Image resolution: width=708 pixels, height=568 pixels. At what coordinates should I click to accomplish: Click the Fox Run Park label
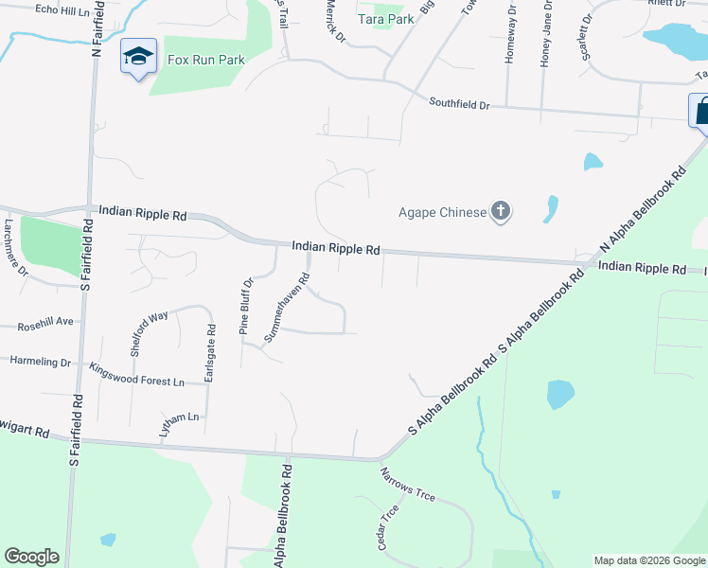tap(205, 60)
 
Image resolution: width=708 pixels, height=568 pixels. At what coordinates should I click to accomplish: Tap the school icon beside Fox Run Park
tap(138, 58)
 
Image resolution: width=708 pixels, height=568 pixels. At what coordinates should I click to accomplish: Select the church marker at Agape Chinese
tap(501, 212)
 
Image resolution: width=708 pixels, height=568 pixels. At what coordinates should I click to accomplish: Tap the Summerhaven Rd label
tap(287, 308)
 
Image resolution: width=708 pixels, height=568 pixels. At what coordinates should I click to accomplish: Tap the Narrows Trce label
tap(407, 483)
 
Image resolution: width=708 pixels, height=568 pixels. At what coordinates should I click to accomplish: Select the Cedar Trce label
tap(389, 525)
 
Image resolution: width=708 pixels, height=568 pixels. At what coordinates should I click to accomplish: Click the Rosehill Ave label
tap(44, 324)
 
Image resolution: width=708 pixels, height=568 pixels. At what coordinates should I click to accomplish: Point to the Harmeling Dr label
tap(40, 362)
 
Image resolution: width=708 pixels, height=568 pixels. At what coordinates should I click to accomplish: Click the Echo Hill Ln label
tap(68, 9)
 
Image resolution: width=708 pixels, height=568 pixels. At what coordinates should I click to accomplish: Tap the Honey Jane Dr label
tap(544, 32)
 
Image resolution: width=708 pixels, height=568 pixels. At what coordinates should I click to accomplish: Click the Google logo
tap(32, 557)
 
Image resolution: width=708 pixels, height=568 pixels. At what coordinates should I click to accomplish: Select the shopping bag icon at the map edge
tap(701, 110)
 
